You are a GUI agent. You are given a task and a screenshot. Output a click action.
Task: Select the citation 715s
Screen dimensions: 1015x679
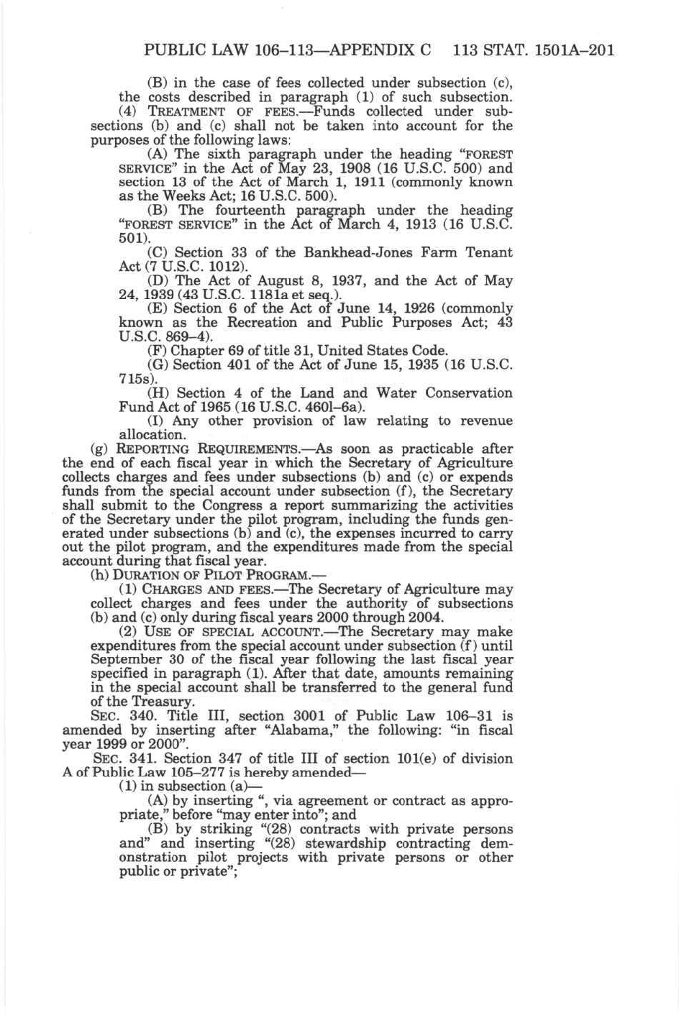click(x=133, y=378)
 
